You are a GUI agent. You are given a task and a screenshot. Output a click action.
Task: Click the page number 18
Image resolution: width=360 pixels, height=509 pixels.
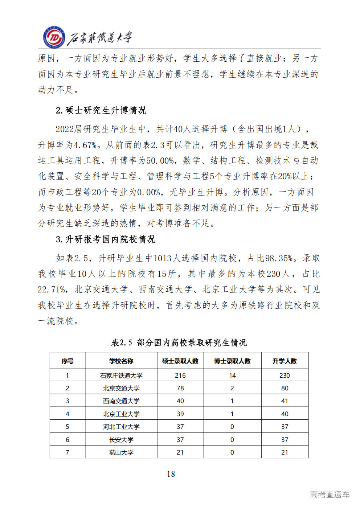[x=171, y=474]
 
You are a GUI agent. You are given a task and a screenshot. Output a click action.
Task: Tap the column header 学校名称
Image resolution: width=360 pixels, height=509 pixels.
[x=121, y=361]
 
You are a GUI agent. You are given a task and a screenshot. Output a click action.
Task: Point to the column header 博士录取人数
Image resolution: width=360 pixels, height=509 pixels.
[x=232, y=361]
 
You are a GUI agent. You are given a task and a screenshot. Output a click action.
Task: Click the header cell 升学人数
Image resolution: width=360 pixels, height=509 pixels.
[x=285, y=361]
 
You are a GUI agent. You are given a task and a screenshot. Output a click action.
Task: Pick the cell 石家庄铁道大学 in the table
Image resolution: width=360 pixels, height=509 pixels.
[x=121, y=375]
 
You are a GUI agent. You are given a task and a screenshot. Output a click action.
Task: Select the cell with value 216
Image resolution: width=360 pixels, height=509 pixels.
[x=180, y=375]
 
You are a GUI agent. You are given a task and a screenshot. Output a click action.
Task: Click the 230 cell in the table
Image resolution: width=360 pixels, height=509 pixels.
[x=285, y=375]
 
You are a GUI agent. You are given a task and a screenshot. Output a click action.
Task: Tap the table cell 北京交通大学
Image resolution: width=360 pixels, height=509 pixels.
[x=121, y=388]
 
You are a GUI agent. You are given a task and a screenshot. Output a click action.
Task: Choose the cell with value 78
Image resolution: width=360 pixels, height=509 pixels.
[x=180, y=388]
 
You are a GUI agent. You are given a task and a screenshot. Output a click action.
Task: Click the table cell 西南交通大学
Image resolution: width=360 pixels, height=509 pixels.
[x=121, y=401]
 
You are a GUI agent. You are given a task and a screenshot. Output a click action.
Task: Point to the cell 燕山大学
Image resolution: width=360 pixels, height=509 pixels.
[x=121, y=452]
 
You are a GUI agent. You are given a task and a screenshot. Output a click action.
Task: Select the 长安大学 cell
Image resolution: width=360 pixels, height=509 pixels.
[x=121, y=440]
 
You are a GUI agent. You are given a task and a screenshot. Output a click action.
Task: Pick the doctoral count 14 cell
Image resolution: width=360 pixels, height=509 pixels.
[x=232, y=375]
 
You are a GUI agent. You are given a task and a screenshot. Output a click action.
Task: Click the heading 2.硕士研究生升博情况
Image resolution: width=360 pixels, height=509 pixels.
[x=101, y=110]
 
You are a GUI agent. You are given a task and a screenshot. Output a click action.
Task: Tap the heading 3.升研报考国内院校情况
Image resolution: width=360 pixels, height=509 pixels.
[x=106, y=239]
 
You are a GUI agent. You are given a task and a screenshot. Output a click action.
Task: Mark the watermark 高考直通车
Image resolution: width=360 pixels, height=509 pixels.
[x=330, y=494]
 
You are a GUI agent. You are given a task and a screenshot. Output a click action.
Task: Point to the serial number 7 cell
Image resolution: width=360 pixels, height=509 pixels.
[x=67, y=452]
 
